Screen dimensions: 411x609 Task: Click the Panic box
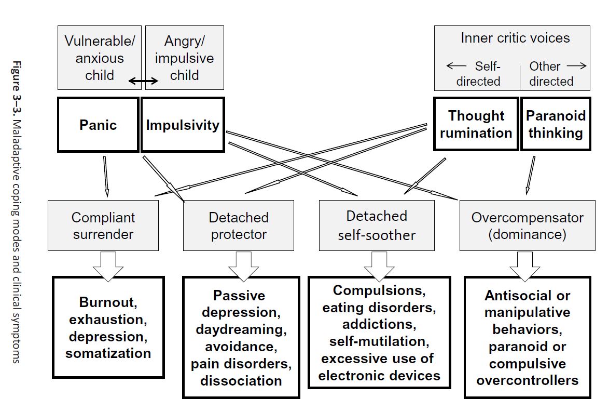pos(98,125)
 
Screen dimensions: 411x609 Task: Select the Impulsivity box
pos(183,125)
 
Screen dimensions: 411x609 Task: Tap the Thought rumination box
pos(476,124)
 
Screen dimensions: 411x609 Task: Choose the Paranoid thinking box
pos(555,124)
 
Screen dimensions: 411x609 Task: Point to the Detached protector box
pos(239,226)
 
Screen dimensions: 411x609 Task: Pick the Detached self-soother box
pos(377,225)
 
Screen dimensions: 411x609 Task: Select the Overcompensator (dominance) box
pos(527,226)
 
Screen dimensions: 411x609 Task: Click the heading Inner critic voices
pos(515,38)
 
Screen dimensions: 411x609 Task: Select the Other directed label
pos(551,74)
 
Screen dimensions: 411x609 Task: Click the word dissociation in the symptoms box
pos(241,380)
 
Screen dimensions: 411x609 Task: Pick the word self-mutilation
pos(377,341)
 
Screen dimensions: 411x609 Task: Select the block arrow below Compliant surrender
pos(108,266)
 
